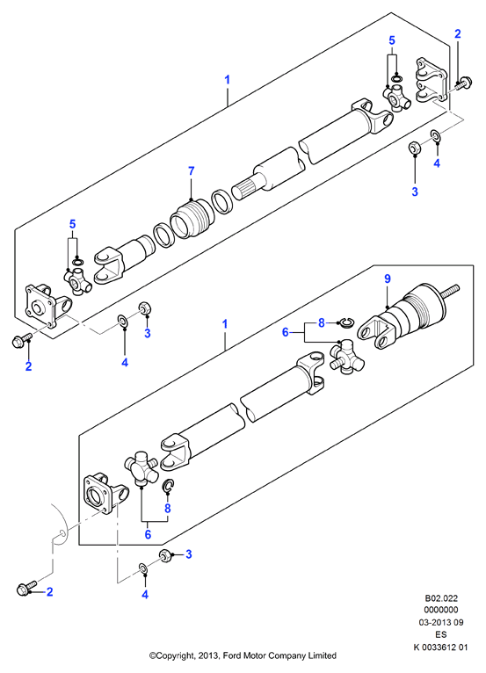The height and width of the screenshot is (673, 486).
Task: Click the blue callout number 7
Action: (191, 170)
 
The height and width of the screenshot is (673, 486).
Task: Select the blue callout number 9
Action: (388, 279)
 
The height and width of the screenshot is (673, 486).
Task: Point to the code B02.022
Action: (441, 598)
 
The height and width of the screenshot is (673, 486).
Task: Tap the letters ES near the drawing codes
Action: (441, 634)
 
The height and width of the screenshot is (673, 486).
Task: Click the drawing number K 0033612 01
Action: (440, 647)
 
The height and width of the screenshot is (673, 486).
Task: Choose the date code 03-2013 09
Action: (441, 622)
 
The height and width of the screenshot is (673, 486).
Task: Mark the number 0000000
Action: (441, 610)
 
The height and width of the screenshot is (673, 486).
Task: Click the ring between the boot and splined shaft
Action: (222, 202)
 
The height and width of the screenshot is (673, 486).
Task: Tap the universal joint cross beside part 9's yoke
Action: (346, 357)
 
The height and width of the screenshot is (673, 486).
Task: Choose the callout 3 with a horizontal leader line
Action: (188, 554)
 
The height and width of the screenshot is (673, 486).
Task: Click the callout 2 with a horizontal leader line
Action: (49, 591)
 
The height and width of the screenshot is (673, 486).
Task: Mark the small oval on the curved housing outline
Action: (62, 533)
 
